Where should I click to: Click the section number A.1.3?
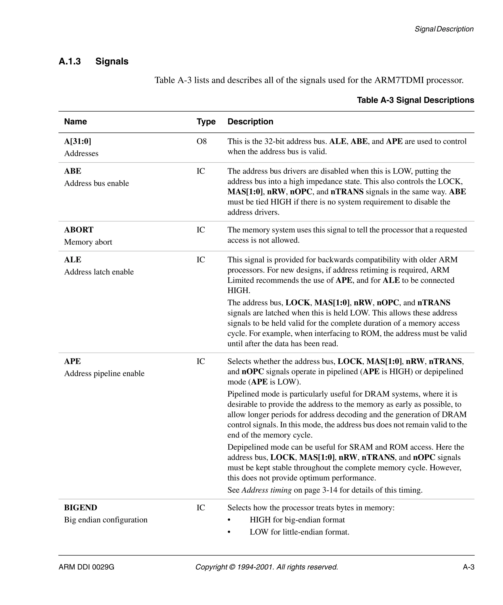[x=70, y=61]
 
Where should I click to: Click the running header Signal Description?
[x=444, y=29]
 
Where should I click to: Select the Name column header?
[x=75, y=122]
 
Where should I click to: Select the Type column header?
[x=206, y=122]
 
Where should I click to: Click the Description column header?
[x=250, y=122]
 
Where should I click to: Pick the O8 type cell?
[x=202, y=142]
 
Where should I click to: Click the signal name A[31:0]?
[x=77, y=142]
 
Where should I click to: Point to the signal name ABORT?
[x=79, y=230]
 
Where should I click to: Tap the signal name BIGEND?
[x=81, y=508]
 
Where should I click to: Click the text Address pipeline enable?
[x=104, y=374]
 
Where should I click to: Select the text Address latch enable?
[x=99, y=272]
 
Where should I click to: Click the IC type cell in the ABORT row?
[x=201, y=230]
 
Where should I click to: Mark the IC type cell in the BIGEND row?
[x=201, y=508]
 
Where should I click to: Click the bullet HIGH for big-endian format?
[x=297, y=520]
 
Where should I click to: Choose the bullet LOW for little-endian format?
[x=299, y=532]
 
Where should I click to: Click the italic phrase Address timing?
[x=266, y=490]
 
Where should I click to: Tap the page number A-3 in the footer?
[x=468, y=567]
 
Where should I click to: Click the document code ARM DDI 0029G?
[x=86, y=567]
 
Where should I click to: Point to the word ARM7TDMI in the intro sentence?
[x=399, y=80]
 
